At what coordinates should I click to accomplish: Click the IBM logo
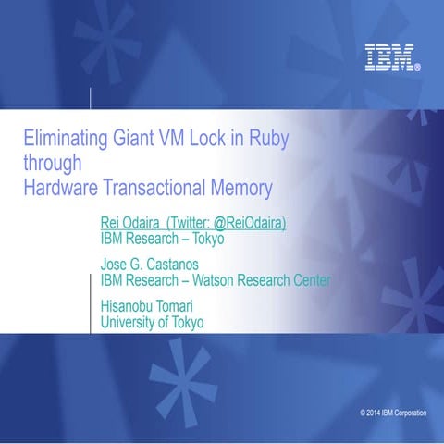(x=391, y=58)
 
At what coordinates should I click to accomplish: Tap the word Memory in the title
(x=243, y=188)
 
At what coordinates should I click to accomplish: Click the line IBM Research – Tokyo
(x=162, y=239)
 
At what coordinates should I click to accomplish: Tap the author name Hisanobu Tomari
(x=153, y=306)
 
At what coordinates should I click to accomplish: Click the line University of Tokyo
(x=152, y=322)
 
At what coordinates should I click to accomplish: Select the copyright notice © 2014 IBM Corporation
(x=393, y=412)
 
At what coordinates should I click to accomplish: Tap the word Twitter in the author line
(x=197, y=223)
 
